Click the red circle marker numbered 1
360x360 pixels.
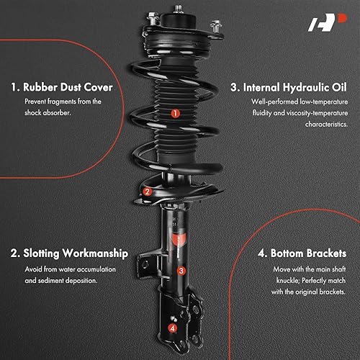175,113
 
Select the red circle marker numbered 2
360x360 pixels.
147,192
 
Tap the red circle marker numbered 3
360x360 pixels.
181,271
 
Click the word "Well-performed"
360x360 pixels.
269,102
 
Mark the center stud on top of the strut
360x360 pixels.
174,13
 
